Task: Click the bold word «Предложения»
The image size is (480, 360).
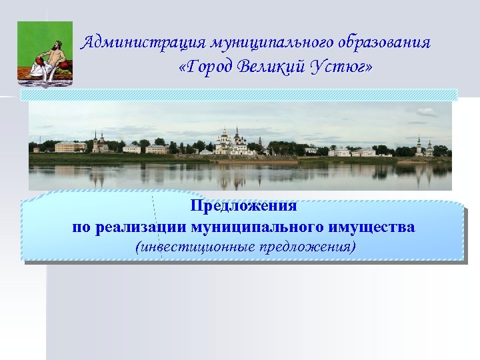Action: click(x=243, y=205)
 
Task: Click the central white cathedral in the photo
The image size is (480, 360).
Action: click(x=233, y=142)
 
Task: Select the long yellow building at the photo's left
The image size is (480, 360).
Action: click(x=71, y=147)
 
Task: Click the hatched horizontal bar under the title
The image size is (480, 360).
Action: click(x=239, y=95)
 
